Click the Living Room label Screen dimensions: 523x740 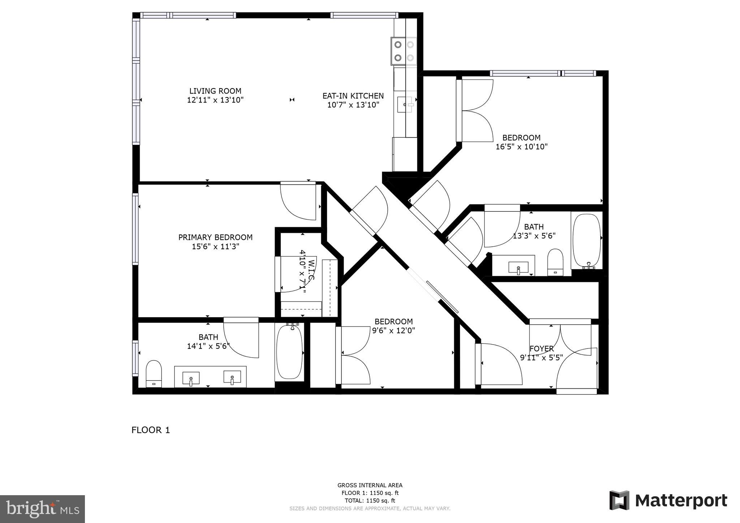[215, 91]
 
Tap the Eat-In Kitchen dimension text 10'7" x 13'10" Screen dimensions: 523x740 [353, 105]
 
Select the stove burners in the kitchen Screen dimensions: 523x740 [404, 51]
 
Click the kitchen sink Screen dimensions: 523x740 [405, 105]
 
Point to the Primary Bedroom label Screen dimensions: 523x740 [215, 237]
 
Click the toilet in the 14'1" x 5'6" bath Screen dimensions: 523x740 [154, 373]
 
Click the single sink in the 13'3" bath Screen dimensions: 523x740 [518, 267]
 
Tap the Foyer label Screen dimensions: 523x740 [541, 349]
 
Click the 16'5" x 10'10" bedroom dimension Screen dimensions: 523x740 [521, 147]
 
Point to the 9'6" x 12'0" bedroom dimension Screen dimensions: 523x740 [393, 330]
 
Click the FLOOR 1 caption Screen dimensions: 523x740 [150, 430]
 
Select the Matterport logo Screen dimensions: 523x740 [668, 501]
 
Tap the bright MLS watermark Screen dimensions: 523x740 [42, 509]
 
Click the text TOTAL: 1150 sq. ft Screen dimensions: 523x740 [370, 501]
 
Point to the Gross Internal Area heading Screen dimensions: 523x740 [370, 485]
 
